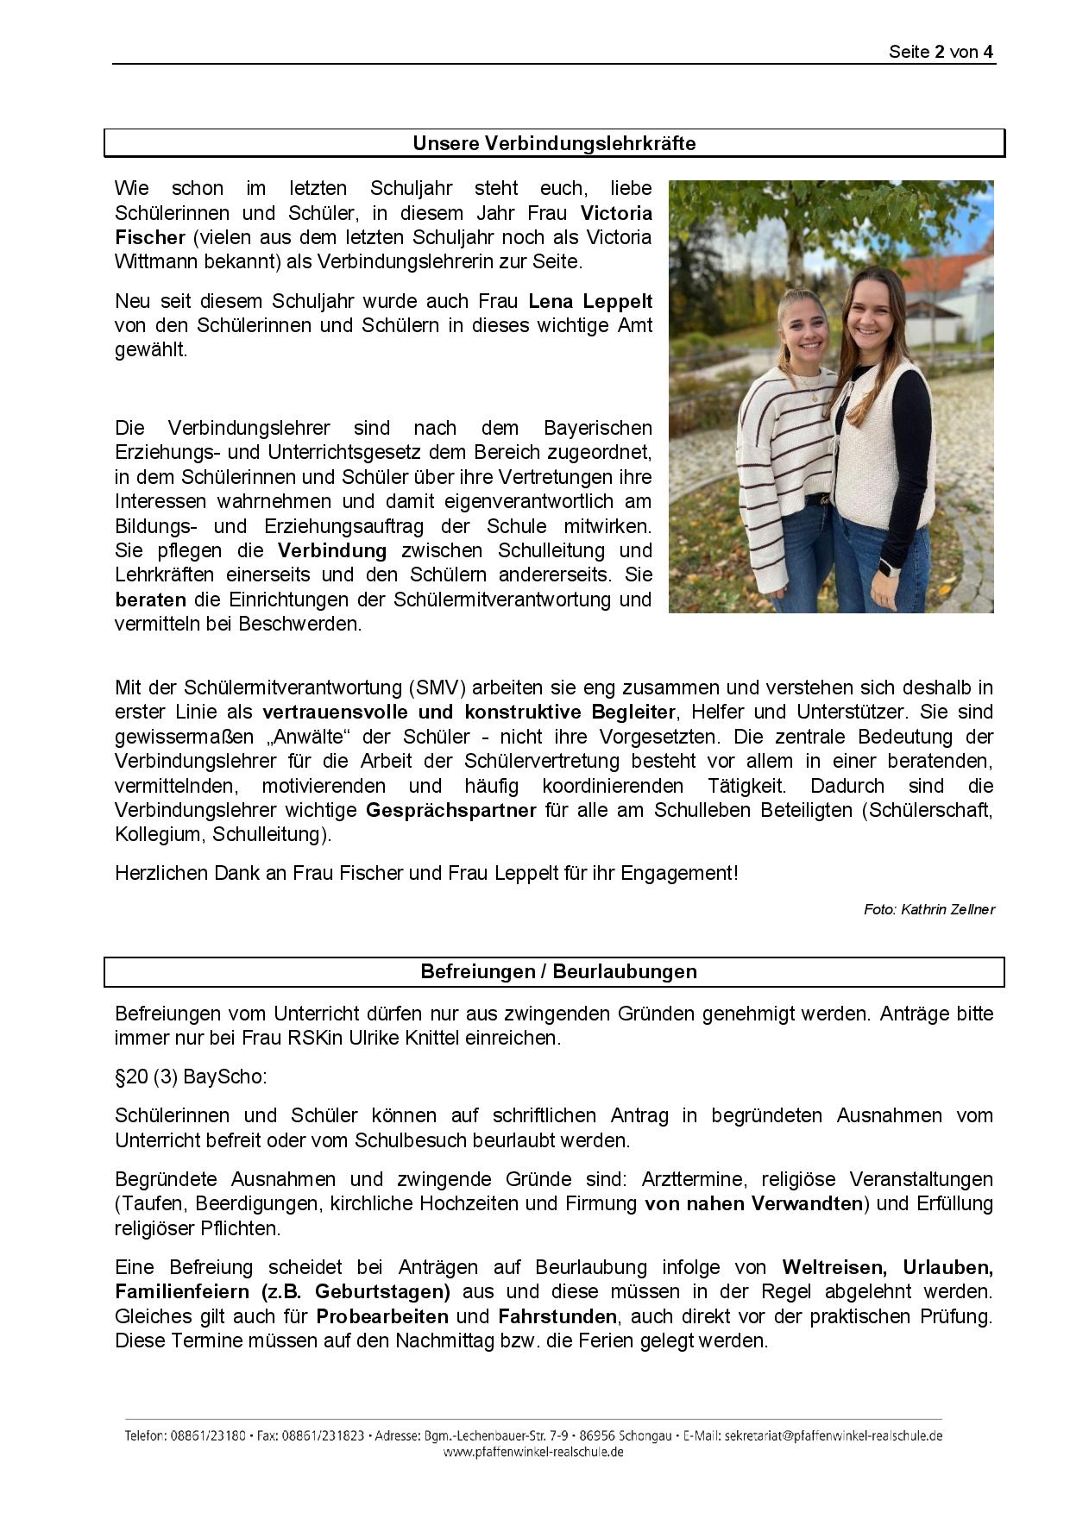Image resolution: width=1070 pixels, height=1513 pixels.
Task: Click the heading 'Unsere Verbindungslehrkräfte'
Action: [554, 143]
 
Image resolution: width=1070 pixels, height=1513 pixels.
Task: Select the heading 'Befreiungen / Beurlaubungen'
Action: [558, 971]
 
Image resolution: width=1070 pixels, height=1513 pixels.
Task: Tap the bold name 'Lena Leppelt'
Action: [590, 301]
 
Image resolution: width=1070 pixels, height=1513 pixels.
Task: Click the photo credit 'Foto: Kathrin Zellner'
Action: [928, 909]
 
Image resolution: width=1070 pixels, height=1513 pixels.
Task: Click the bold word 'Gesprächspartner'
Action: [450, 810]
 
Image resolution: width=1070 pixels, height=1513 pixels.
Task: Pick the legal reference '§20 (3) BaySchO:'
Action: [191, 1077]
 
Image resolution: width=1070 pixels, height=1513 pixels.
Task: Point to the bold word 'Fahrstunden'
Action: [557, 1316]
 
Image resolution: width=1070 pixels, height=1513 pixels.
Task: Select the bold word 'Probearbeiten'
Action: [382, 1316]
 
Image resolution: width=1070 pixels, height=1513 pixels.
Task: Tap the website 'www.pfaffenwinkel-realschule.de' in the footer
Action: [533, 1452]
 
